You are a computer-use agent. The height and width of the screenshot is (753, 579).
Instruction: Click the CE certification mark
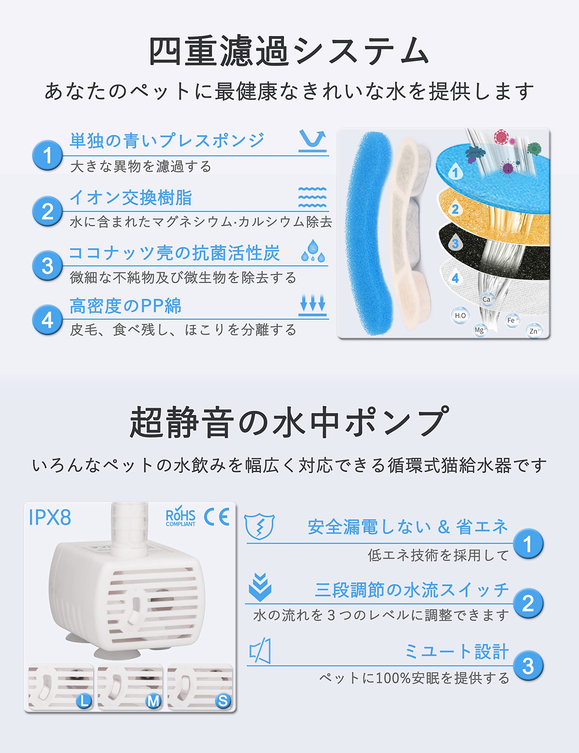click(x=216, y=517)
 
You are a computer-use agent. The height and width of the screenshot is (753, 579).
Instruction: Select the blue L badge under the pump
click(x=84, y=701)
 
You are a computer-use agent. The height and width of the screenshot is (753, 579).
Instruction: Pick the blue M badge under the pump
click(x=153, y=701)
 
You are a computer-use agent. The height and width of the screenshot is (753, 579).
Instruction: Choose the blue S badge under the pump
click(x=223, y=701)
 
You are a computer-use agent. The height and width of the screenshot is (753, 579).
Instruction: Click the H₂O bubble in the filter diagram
click(x=460, y=315)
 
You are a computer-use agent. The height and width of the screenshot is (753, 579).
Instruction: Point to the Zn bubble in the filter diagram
click(x=535, y=331)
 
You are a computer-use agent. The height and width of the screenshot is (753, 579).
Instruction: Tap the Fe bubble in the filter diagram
click(x=512, y=320)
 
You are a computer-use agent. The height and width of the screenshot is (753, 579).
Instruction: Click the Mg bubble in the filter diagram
click(x=480, y=330)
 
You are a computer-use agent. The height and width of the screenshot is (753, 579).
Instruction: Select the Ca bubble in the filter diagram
click(x=487, y=299)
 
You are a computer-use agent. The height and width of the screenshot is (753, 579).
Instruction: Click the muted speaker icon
click(x=260, y=651)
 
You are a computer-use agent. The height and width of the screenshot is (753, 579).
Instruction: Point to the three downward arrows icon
click(x=312, y=305)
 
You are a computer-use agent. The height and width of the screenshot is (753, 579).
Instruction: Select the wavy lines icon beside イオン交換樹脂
click(x=312, y=197)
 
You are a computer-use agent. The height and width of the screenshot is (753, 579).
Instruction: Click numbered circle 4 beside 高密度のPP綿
click(x=48, y=320)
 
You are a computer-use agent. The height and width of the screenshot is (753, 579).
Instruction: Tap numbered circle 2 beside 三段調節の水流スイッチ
click(x=528, y=603)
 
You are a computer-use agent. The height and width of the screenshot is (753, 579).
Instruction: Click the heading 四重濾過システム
click(x=289, y=51)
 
